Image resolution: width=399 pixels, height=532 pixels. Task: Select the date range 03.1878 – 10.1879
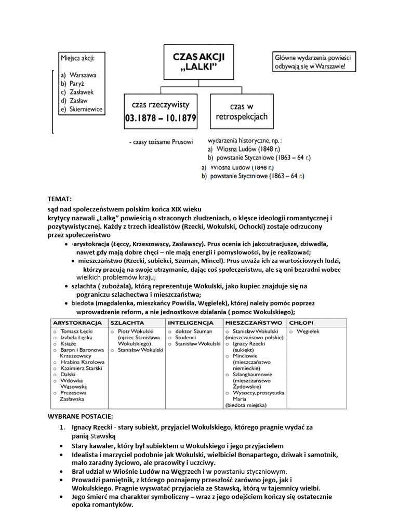point(161,118)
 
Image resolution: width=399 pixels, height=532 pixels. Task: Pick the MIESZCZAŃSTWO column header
point(254,323)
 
